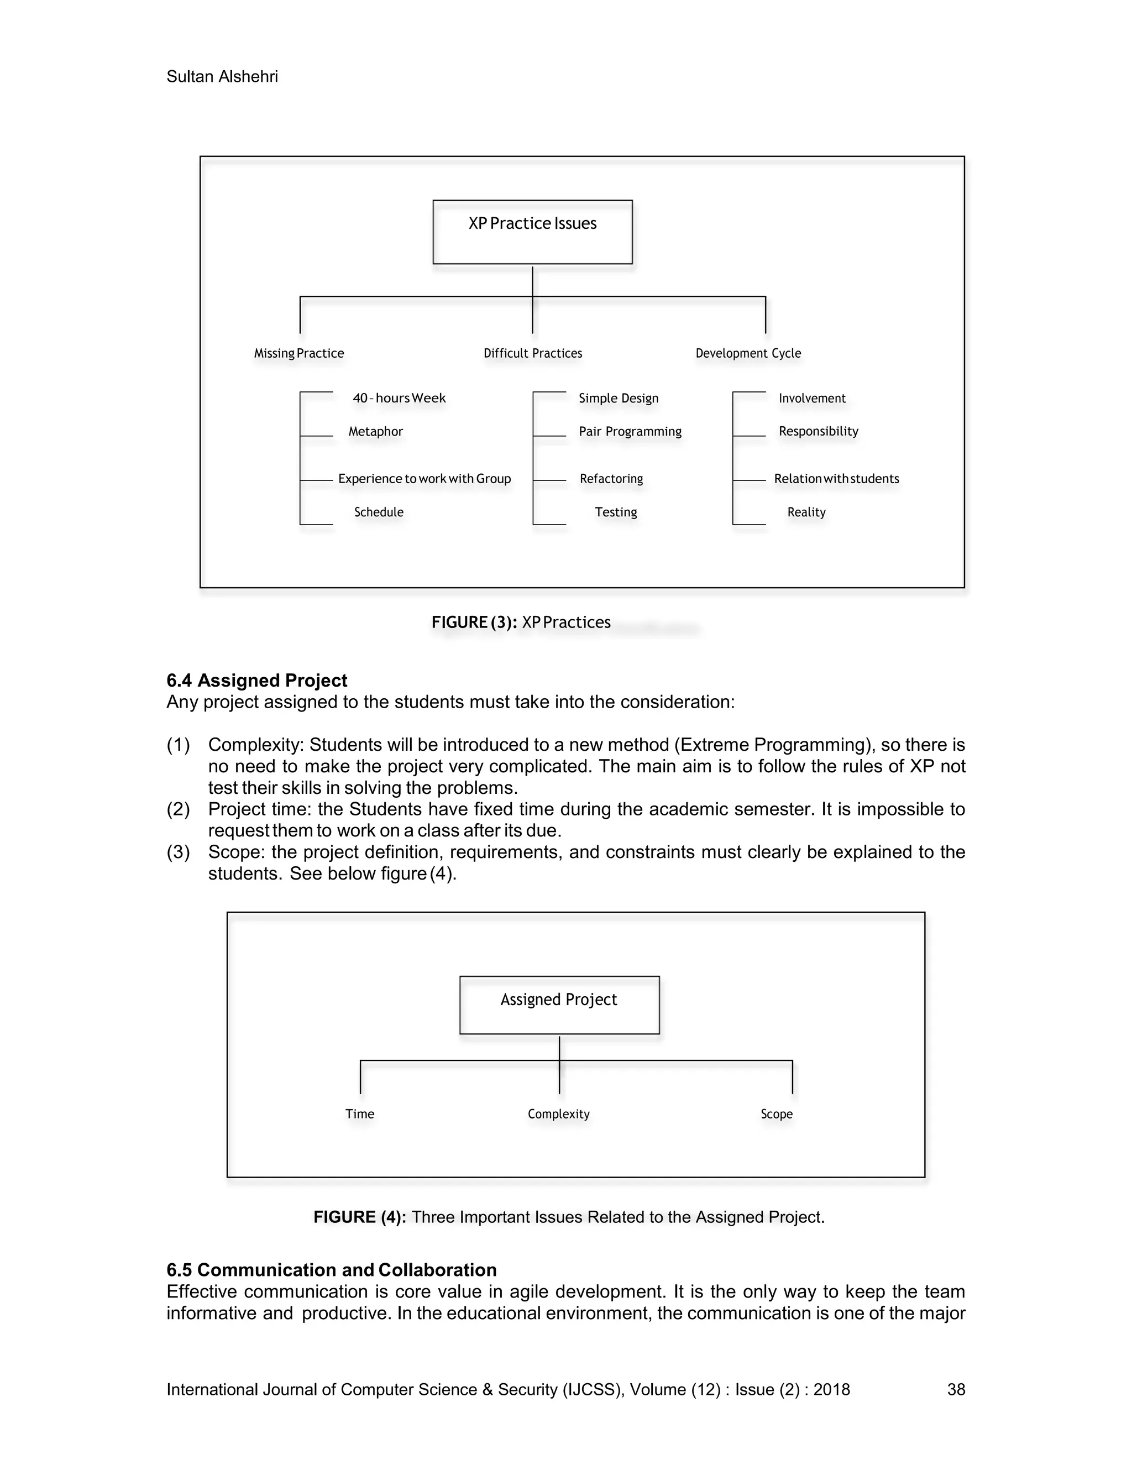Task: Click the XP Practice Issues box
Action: [532, 232]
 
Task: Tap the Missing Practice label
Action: [298, 353]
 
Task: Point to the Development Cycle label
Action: [748, 353]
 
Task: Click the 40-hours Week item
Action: [399, 399]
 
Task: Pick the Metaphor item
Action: [375, 431]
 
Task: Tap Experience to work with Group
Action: [424, 479]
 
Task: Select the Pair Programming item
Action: [630, 431]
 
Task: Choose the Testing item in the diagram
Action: [615, 512]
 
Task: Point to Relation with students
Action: [836, 479]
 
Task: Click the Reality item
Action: [806, 512]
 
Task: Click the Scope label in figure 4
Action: [776, 1114]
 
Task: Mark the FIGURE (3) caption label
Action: [474, 622]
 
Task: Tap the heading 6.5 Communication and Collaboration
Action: [331, 1270]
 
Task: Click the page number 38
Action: [956, 1389]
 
